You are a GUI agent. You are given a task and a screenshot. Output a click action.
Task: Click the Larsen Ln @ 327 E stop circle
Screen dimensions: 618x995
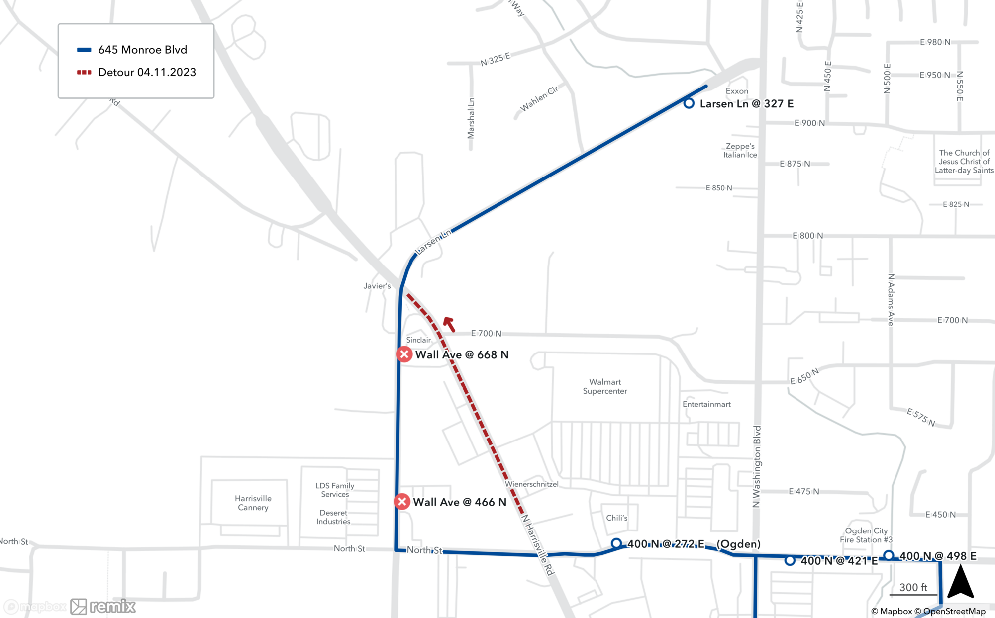pyautogui.click(x=689, y=103)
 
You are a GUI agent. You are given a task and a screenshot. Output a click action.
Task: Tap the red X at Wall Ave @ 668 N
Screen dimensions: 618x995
pyautogui.click(x=404, y=354)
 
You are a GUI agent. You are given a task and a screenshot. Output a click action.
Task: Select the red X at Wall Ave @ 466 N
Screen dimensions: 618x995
pyautogui.click(x=402, y=502)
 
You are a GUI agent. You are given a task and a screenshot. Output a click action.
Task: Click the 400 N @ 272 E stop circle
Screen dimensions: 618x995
pyautogui.click(x=616, y=543)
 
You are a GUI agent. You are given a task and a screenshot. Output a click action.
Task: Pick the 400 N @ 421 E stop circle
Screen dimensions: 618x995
pyautogui.click(x=790, y=560)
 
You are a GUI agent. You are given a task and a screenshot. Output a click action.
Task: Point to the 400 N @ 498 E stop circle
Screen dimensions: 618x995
pyautogui.click(x=889, y=555)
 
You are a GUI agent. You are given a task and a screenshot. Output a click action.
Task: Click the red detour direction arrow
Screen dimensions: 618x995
pyautogui.click(x=449, y=324)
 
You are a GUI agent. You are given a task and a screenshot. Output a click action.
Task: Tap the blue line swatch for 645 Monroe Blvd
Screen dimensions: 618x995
pyautogui.click(x=84, y=50)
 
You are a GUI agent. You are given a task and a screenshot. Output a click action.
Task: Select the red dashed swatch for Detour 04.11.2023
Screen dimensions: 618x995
pyautogui.click(x=84, y=73)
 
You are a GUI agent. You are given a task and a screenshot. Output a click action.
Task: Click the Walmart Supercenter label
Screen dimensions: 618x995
pyautogui.click(x=604, y=386)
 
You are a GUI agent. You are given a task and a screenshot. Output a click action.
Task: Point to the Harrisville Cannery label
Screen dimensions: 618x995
pyautogui.click(x=253, y=503)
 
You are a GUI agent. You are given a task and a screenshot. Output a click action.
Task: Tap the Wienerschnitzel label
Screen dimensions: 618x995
pyautogui.click(x=531, y=484)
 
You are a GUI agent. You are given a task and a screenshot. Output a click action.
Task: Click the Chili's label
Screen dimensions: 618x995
pyautogui.click(x=616, y=518)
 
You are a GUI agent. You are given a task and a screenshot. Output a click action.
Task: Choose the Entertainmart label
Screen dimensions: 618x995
pyautogui.click(x=706, y=404)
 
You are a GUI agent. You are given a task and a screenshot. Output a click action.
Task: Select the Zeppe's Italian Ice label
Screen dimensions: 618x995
pyautogui.click(x=740, y=150)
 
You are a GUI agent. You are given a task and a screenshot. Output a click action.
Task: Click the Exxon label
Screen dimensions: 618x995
pyautogui.click(x=737, y=91)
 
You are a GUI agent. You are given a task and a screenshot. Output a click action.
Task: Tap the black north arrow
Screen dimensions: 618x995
pyautogui.click(x=960, y=582)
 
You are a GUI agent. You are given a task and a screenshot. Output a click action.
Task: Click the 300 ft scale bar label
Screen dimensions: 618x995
pyautogui.click(x=913, y=587)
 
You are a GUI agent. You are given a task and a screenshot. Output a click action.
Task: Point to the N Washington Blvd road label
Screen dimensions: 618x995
pyautogui.click(x=757, y=466)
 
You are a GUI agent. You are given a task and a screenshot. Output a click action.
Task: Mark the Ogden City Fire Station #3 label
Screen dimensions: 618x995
pyautogui.click(x=866, y=535)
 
